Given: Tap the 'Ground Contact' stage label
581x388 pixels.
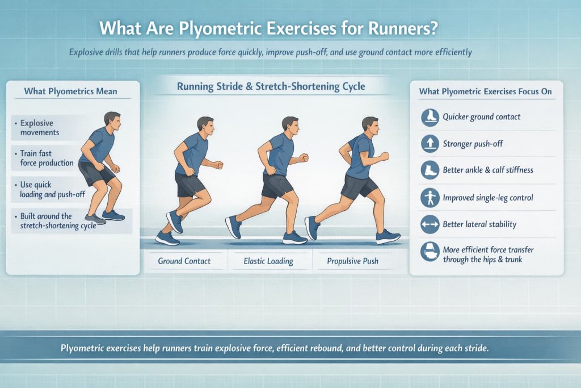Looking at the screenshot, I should pos(184,261).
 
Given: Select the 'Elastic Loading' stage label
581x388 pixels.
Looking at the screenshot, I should pos(268,261).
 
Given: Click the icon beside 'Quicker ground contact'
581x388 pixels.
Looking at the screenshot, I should pos(430,117).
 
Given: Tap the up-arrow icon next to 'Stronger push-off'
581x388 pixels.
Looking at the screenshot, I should pos(430,144).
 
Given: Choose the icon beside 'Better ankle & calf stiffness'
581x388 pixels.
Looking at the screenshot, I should pos(430,170).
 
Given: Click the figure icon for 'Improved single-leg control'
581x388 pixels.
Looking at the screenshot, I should pos(430,197).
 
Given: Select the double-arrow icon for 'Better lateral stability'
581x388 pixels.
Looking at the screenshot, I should pos(430,224).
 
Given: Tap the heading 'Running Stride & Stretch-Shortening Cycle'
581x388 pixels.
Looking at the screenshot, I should pos(271,86).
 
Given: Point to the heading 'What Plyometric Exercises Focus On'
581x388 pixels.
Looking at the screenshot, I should pos(485,91).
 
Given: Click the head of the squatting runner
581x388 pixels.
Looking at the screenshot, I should pos(112,120).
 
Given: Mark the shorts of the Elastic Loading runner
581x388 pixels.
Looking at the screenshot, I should pos(277,185).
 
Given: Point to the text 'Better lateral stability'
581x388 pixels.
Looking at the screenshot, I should pos(479,224).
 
